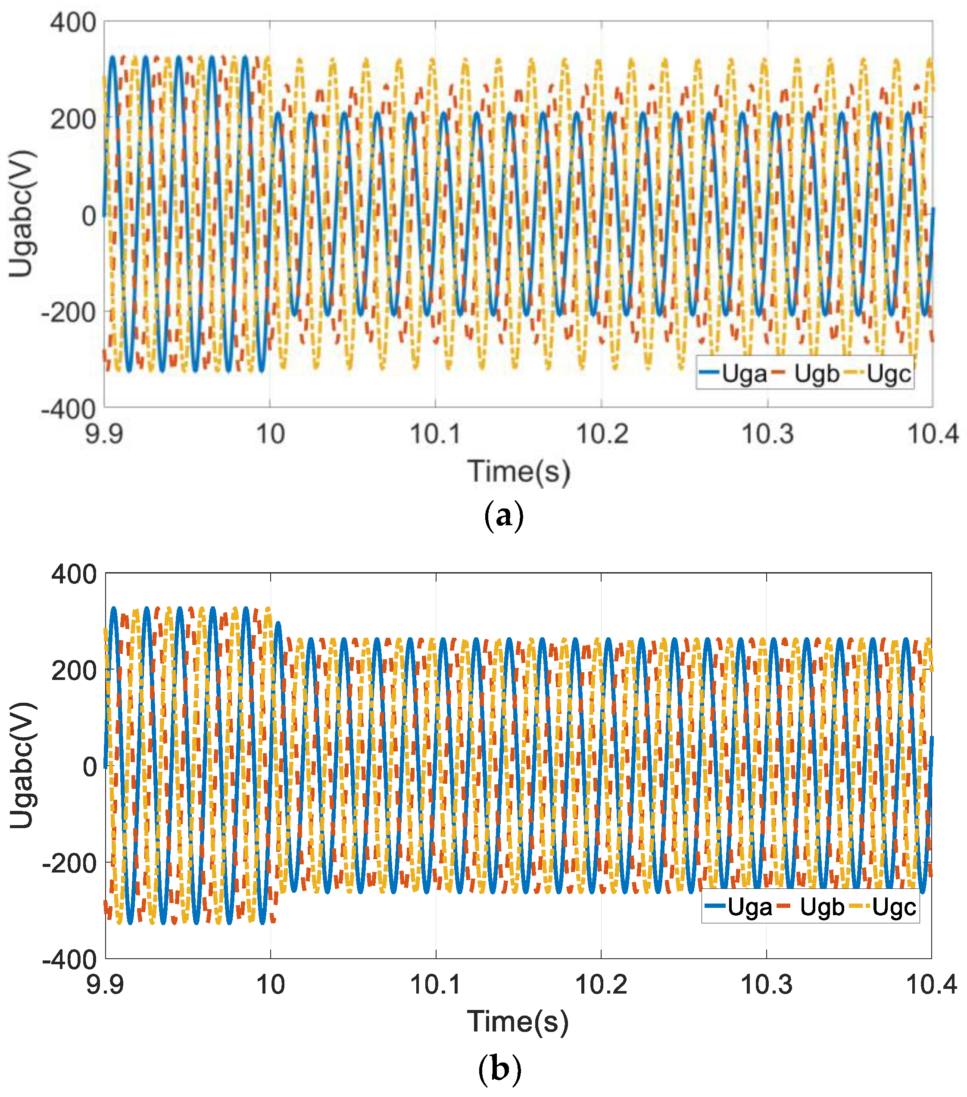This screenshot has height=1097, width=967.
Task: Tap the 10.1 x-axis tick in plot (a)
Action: (x=435, y=433)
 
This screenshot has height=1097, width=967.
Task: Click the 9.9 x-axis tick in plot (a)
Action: (x=104, y=433)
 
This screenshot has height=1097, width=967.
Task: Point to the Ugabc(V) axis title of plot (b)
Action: (x=22, y=764)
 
